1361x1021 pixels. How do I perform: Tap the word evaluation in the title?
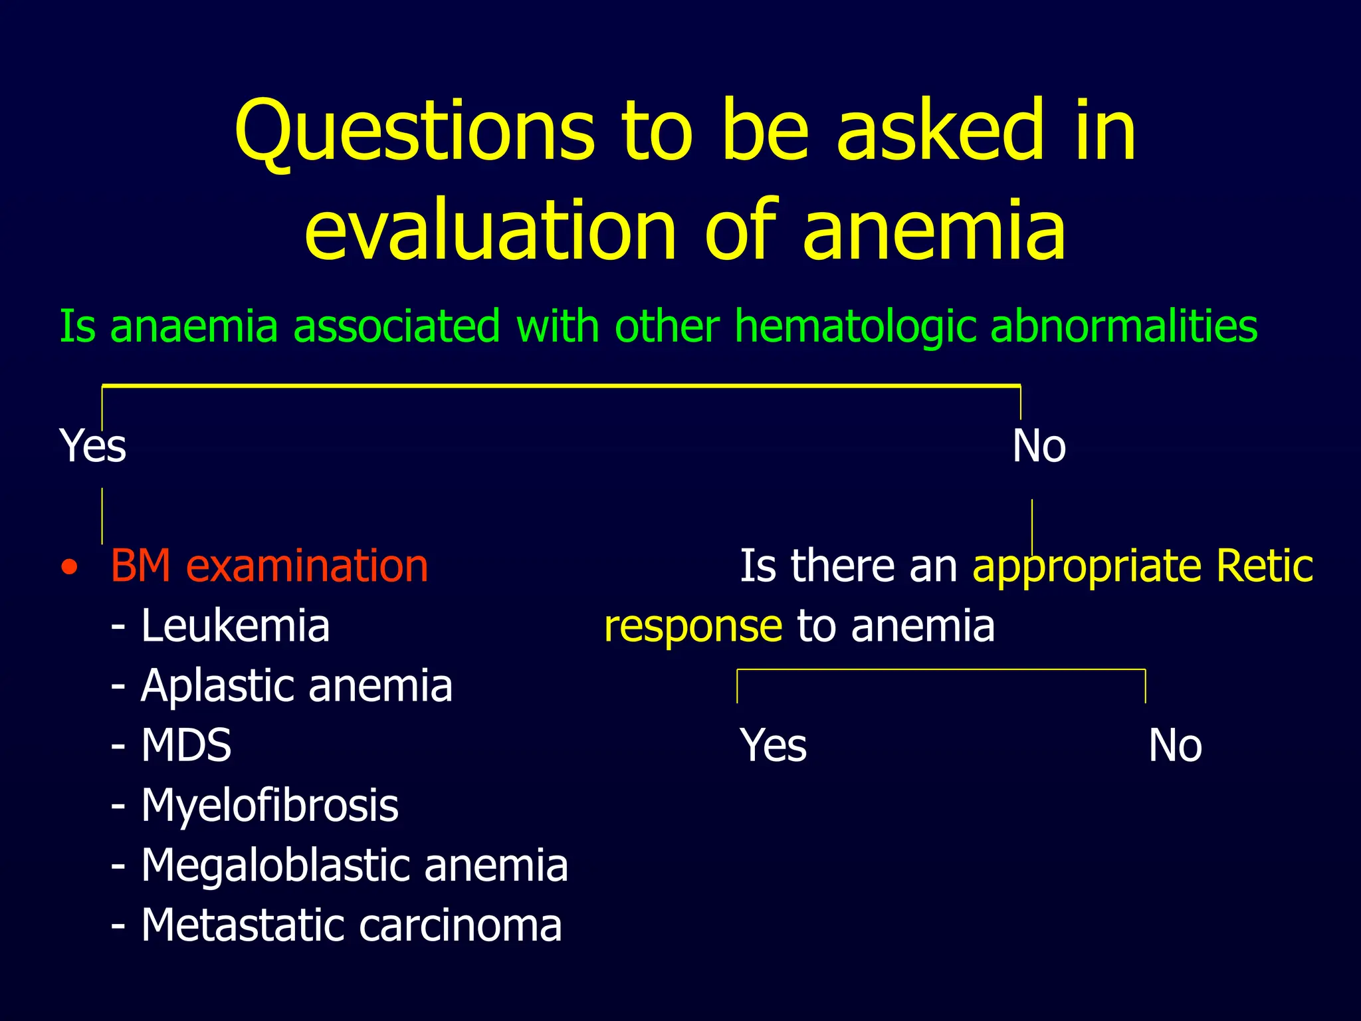pos(490,231)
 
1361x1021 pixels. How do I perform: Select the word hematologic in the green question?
pos(854,327)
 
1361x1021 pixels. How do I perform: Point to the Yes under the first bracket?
pos(92,446)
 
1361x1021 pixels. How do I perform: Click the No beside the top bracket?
pos(1039,446)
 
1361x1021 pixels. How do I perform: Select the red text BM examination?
pos(269,566)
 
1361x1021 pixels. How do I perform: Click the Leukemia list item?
pos(235,626)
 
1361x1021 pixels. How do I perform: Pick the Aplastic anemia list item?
pos(296,686)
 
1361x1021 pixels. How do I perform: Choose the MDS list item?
pos(186,745)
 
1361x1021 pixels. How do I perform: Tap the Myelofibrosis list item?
pos(269,806)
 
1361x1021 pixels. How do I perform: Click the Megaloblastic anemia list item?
pos(354,865)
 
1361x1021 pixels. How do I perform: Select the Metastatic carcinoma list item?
pos(351,925)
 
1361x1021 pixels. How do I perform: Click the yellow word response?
pos(693,627)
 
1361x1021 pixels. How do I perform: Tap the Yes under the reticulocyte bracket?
pos(773,746)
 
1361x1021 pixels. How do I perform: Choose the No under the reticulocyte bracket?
pos(1175,746)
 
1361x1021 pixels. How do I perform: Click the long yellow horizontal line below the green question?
pos(562,386)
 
